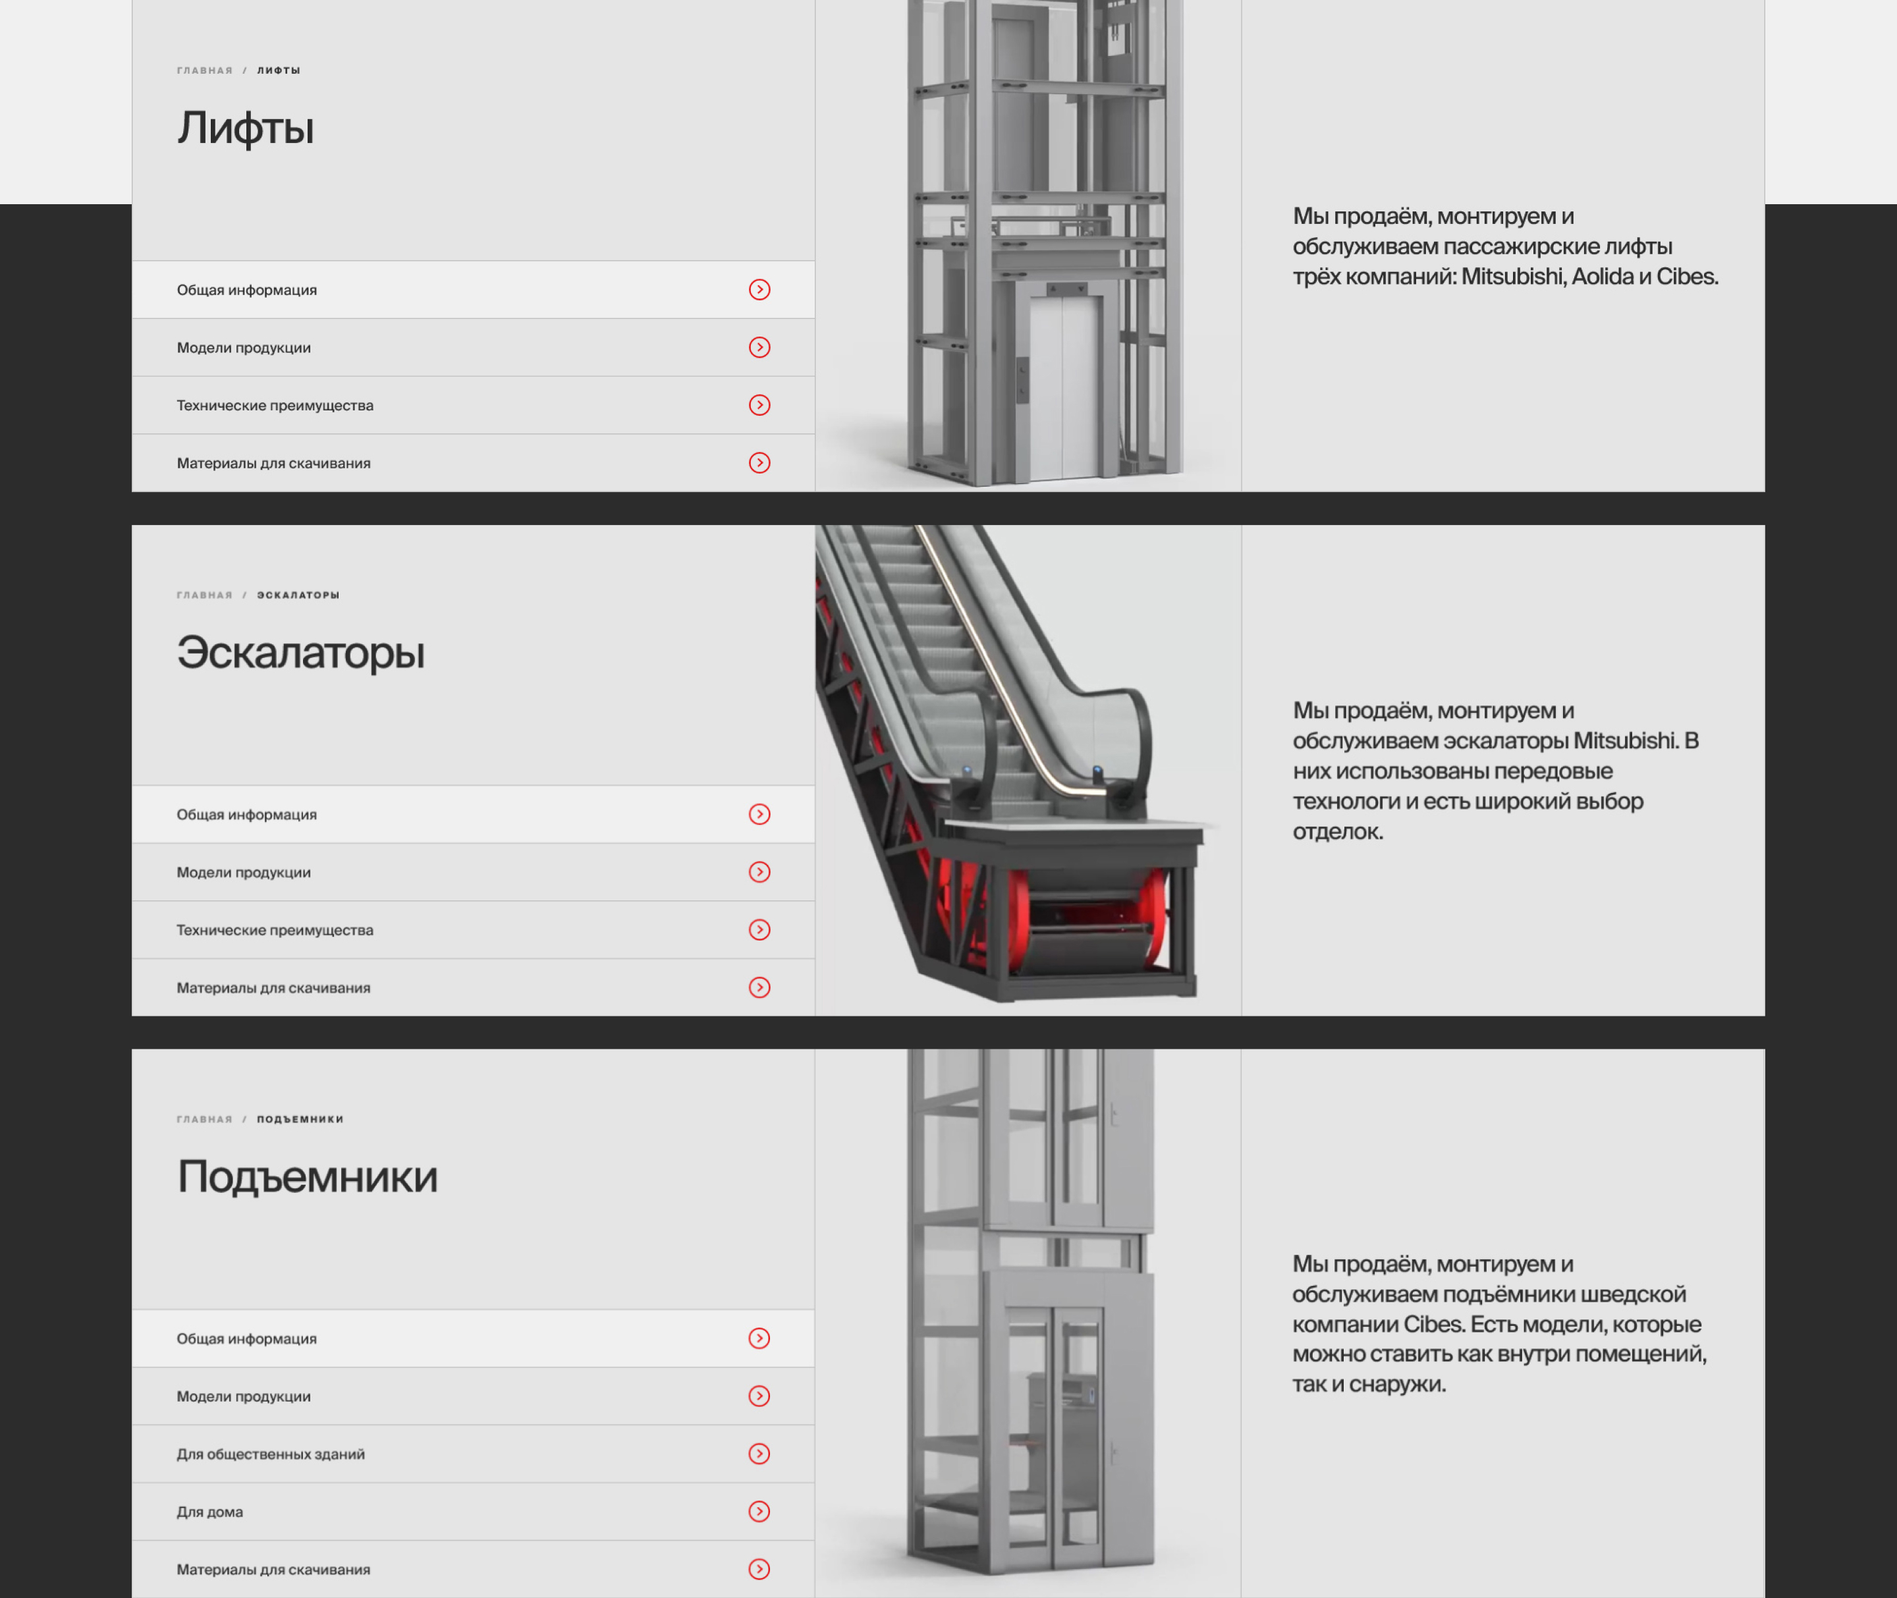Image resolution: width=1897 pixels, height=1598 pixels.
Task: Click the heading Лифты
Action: (246, 128)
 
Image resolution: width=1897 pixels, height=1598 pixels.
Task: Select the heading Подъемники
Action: (307, 1176)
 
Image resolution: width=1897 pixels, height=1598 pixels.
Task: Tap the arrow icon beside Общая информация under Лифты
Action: (759, 290)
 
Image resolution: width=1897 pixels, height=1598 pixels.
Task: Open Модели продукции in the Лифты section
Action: (244, 348)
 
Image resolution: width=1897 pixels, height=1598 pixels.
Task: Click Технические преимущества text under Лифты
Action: (275, 406)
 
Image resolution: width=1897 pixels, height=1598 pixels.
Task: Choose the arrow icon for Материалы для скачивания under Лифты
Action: (759, 463)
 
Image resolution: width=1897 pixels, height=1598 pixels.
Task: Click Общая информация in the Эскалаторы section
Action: (246, 814)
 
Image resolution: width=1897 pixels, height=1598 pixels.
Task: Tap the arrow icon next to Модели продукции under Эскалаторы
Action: (759, 872)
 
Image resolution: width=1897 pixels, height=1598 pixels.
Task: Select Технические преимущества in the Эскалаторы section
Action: (275, 930)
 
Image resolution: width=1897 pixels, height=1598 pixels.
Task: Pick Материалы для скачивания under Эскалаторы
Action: (273, 988)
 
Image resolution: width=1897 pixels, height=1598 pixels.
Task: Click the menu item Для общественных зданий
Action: (271, 1454)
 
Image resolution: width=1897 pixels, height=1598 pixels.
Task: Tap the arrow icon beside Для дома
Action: (759, 1511)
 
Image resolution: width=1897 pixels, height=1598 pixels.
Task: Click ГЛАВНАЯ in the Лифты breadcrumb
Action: (205, 70)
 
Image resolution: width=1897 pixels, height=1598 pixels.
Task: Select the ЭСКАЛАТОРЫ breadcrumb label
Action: (298, 595)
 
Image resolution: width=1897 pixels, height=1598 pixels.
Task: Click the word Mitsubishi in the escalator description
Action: (1625, 741)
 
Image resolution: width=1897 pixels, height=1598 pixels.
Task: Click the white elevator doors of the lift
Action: (1065, 387)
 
